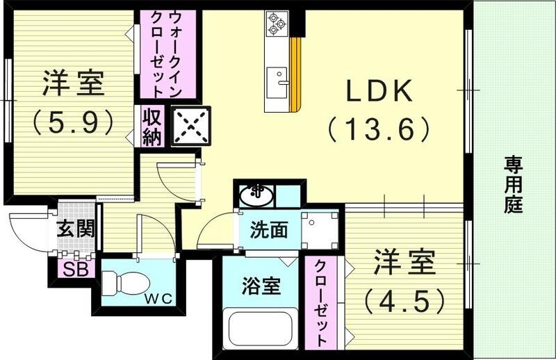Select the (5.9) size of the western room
pyautogui.click(x=72, y=122)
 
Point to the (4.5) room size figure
pyautogui.click(x=404, y=300)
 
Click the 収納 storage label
pyautogui.click(x=152, y=126)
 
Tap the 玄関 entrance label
pyautogui.click(x=75, y=228)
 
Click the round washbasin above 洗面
pyautogui.click(x=256, y=194)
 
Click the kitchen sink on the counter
pyautogui.click(x=281, y=76)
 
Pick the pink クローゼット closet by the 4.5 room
pyautogui.click(x=320, y=303)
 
